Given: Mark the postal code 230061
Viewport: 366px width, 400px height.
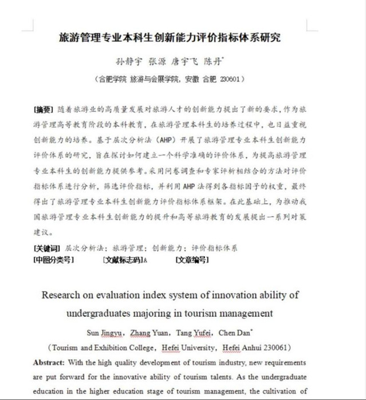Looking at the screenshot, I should point(273,348).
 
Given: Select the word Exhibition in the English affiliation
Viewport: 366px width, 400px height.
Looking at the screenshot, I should point(120,348).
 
